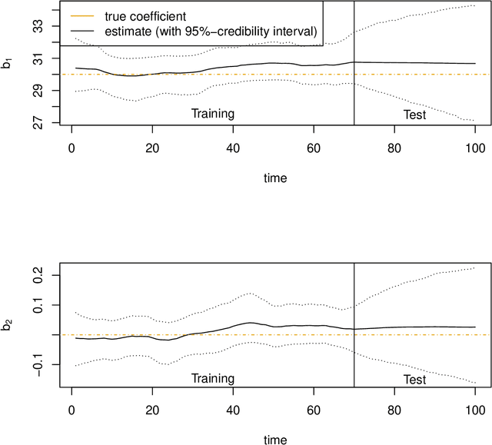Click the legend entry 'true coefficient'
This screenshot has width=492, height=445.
click(145, 15)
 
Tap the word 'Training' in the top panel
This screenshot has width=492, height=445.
click(212, 114)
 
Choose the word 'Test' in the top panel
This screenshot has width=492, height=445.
click(414, 114)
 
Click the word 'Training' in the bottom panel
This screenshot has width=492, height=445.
click(212, 378)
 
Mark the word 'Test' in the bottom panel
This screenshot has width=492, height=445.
click(414, 378)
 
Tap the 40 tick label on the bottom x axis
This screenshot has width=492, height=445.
click(233, 408)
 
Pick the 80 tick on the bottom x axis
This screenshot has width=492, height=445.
click(394, 408)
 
